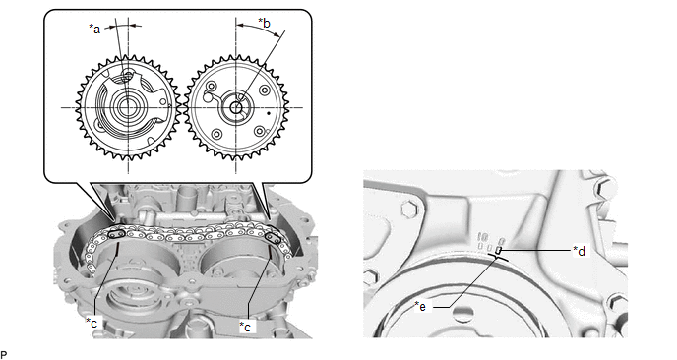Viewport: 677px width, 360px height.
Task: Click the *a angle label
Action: pos(94,29)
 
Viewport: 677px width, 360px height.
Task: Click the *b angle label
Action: pos(264,23)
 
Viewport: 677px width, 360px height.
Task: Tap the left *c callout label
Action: pos(92,323)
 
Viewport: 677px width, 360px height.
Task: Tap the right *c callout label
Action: pos(245,327)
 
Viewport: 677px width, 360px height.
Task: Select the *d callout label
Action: pos(579,251)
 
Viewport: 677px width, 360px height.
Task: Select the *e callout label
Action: pos(420,306)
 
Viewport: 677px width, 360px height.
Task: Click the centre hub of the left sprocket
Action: pos(126,107)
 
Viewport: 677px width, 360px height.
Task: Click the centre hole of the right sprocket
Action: pos(236,107)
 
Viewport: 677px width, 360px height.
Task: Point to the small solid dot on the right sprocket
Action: pos(269,113)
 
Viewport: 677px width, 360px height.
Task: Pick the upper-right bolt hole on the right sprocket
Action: pos(265,90)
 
